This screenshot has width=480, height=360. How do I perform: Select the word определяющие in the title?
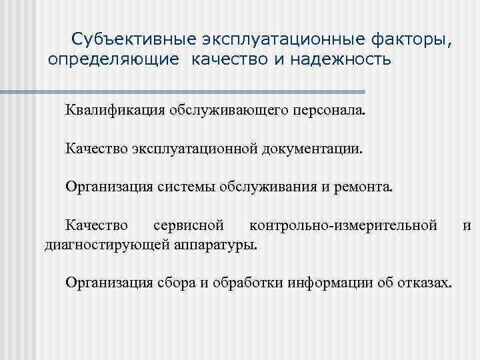click(x=113, y=61)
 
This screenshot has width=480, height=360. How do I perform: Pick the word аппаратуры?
click(x=215, y=244)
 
